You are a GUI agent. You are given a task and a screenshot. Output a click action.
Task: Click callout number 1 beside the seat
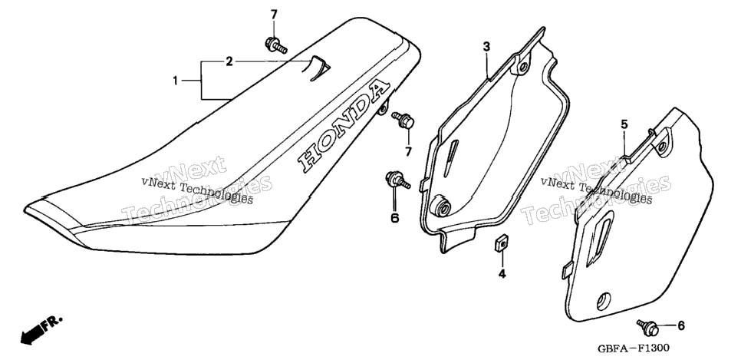pos(175,81)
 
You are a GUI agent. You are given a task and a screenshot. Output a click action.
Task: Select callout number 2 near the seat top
pos(229,61)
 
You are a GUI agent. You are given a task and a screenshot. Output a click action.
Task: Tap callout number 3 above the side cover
pos(486,46)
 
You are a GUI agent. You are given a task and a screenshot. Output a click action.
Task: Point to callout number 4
pos(502,273)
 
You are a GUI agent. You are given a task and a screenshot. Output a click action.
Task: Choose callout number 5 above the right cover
pos(624,124)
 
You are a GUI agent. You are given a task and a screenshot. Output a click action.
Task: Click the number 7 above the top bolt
pos(274,15)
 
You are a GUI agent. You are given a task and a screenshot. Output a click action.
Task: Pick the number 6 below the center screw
pos(394,218)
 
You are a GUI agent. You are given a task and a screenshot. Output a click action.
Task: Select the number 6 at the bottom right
pos(680,325)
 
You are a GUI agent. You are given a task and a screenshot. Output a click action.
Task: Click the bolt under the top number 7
pos(276,45)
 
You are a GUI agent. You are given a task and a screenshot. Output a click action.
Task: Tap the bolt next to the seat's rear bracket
pos(403,120)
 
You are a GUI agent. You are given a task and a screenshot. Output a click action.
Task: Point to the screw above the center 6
pos(397,180)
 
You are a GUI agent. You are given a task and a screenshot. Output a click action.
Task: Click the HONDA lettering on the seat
pos(344,126)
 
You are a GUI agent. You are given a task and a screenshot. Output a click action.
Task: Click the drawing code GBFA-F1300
pos(633,348)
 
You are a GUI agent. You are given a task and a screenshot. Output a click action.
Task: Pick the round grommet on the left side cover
pos(441,205)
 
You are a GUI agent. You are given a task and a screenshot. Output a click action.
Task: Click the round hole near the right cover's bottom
pos(604,300)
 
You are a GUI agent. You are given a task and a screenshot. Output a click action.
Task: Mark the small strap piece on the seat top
pos(319,68)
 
